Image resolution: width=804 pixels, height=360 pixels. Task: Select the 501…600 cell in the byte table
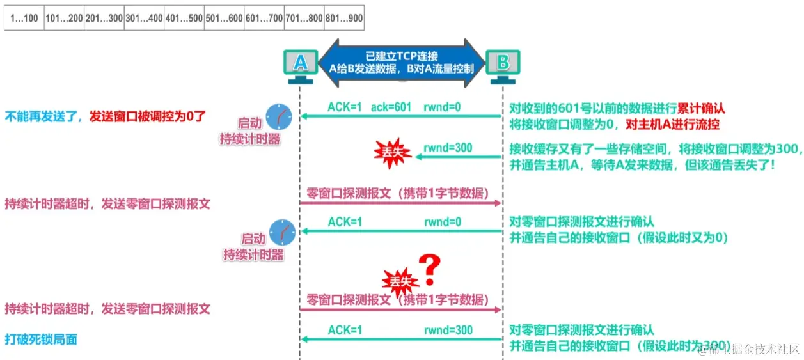click(x=224, y=19)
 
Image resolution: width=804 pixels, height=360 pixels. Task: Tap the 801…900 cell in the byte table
click(x=343, y=19)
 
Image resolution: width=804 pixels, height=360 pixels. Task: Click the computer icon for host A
click(x=300, y=66)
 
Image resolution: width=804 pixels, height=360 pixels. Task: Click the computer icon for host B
click(x=503, y=66)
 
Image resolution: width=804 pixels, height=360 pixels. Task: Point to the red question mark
click(x=430, y=270)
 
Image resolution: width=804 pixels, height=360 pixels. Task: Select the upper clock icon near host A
click(x=280, y=116)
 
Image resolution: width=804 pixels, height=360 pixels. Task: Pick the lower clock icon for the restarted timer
click(x=282, y=231)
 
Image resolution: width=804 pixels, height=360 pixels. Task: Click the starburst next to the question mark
click(x=398, y=279)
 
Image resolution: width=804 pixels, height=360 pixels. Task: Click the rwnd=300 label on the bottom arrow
click(x=448, y=330)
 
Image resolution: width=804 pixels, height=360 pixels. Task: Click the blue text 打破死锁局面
click(x=41, y=340)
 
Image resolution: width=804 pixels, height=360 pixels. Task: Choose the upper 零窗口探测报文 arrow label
click(x=397, y=193)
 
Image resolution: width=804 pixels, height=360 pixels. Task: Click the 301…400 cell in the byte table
click(x=144, y=19)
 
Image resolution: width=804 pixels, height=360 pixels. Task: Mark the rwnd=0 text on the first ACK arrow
click(x=442, y=106)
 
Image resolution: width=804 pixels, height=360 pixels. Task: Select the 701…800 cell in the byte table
click(x=304, y=19)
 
